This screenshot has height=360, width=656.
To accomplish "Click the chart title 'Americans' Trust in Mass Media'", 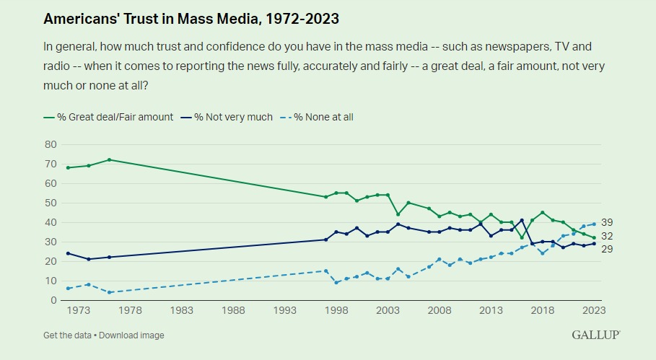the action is (191, 19).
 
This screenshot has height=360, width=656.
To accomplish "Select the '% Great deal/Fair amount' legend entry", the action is (108, 117).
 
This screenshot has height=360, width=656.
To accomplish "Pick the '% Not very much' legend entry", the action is (227, 117).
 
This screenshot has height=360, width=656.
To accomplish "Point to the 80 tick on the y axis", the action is (51, 145).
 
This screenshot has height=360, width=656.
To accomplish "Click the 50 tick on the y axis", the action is (51, 203).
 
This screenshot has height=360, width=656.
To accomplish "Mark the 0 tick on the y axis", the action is (53, 300).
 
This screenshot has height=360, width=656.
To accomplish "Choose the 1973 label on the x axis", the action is (78, 310).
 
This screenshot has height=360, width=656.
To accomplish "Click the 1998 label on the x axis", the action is (336, 310).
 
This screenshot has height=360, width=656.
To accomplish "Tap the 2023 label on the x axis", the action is (594, 310).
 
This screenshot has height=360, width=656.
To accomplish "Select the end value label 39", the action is (607, 222).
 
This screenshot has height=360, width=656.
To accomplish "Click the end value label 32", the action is (607, 236).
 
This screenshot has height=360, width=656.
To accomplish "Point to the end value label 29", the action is (607, 249).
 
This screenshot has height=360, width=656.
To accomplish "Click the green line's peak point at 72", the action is (109, 159).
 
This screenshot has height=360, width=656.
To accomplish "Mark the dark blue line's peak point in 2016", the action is (522, 220).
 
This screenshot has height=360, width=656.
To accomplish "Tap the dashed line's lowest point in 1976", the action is (109, 292).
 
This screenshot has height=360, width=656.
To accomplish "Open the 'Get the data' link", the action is (67, 335).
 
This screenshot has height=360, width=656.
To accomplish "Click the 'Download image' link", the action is (131, 335).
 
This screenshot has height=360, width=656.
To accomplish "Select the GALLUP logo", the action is (596, 335).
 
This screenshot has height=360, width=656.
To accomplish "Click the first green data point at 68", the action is (68, 167).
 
